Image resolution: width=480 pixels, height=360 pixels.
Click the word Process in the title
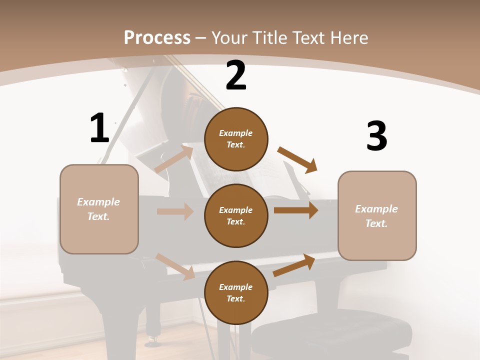click(x=157, y=38)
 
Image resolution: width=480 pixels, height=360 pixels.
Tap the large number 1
click(x=99, y=128)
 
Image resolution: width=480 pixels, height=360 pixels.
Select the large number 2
click(x=236, y=75)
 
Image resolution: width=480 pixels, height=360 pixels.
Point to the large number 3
click(x=376, y=136)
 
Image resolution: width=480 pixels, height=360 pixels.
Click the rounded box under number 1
click(x=99, y=209)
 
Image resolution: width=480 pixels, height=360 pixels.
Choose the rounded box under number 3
click(x=377, y=215)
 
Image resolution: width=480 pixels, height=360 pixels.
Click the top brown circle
click(x=236, y=139)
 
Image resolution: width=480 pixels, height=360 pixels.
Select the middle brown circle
click(x=236, y=215)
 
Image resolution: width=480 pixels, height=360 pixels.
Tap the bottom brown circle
click(x=236, y=292)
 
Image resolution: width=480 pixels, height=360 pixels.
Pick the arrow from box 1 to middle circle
click(x=175, y=211)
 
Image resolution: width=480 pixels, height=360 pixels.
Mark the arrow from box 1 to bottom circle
click(x=175, y=266)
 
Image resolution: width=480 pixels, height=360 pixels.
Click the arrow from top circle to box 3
click(x=297, y=160)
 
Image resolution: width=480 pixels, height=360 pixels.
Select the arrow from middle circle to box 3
click(x=296, y=210)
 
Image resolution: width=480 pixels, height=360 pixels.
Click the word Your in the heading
click(x=230, y=38)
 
